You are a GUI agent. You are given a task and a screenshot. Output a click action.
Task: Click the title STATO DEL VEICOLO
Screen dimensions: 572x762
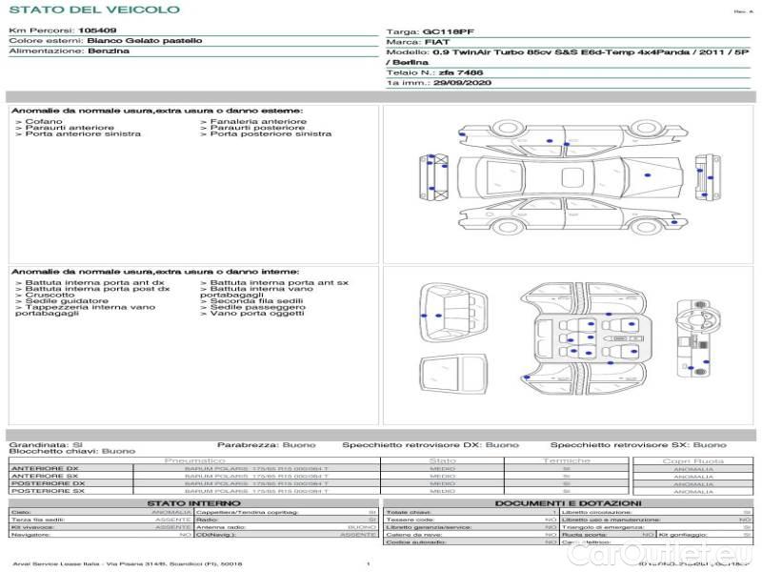(94, 10)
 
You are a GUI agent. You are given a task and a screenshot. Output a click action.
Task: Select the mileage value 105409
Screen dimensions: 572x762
(97, 31)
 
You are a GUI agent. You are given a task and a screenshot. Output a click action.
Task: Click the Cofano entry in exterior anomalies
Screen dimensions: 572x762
(44, 122)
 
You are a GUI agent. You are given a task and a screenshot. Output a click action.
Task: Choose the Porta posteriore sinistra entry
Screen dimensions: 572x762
(271, 134)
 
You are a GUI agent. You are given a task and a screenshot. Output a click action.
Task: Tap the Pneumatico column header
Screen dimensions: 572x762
(193, 460)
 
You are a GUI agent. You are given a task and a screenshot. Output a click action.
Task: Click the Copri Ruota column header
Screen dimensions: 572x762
(692, 460)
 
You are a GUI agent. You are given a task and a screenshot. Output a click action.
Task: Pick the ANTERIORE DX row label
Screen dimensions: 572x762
(45, 468)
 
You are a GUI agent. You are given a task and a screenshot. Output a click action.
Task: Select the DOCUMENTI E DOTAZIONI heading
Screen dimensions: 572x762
(568, 502)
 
